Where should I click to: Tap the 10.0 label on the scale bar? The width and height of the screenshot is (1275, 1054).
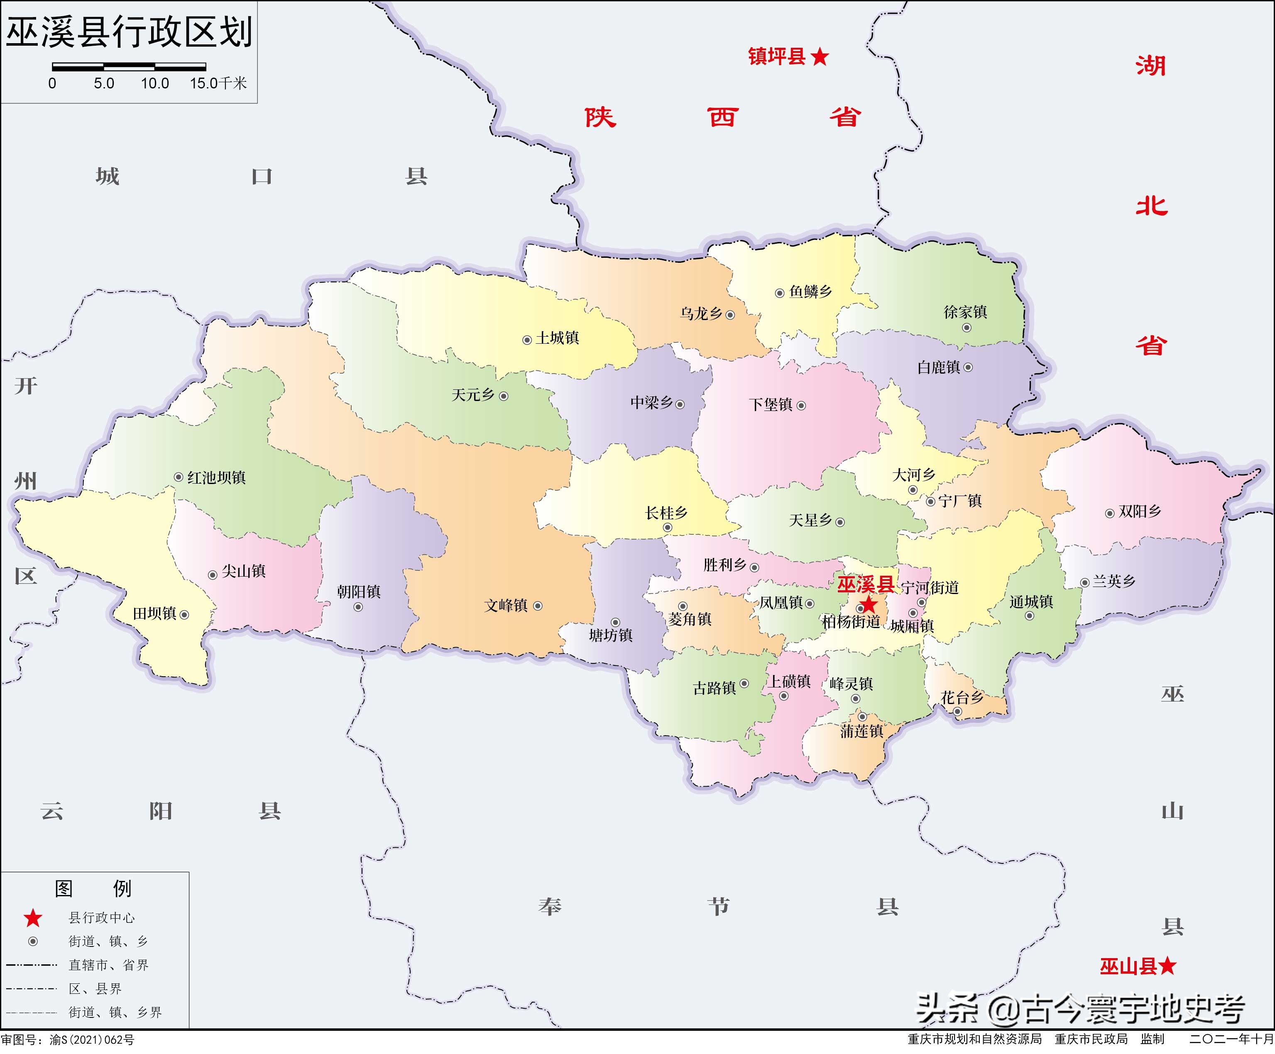pos(155,83)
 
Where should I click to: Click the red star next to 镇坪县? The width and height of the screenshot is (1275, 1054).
pos(820,57)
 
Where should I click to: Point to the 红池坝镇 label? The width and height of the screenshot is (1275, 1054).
pos(216,478)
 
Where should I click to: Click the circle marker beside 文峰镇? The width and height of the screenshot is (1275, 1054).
pos(537,606)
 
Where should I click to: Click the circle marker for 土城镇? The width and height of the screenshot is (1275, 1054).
pos(527,340)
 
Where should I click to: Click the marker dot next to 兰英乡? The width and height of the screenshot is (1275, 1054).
pos(1084,583)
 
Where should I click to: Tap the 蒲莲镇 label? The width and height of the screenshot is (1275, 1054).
pos(861,731)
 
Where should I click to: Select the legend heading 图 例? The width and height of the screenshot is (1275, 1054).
pos(93,889)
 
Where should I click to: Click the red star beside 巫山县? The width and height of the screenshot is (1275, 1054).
pos(1167,966)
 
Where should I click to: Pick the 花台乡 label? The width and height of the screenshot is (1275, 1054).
pos(962,697)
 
